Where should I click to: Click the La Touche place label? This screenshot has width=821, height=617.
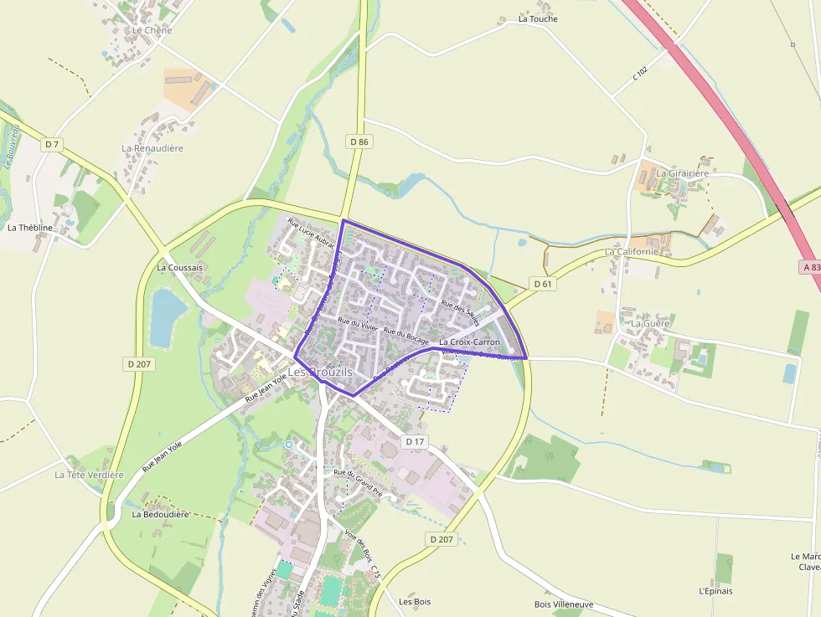click(538, 18)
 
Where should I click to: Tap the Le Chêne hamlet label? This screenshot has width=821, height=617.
click(152, 30)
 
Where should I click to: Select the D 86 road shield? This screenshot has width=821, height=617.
click(359, 141)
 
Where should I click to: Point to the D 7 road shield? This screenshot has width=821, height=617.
click(52, 144)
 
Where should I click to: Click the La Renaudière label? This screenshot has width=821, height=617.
click(152, 148)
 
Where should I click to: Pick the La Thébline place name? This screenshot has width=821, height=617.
click(30, 227)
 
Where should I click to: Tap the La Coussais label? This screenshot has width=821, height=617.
click(180, 268)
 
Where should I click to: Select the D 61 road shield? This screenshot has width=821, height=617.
click(543, 284)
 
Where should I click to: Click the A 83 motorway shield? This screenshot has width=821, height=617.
click(808, 266)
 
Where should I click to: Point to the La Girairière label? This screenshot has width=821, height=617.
click(682, 173)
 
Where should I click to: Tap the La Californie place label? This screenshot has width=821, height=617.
click(633, 251)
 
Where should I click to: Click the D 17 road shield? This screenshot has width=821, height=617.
click(416, 441)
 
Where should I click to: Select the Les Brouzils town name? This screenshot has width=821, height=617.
click(321, 372)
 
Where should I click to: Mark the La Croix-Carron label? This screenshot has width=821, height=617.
click(469, 342)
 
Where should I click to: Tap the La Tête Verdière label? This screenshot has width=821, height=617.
click(89, 475)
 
